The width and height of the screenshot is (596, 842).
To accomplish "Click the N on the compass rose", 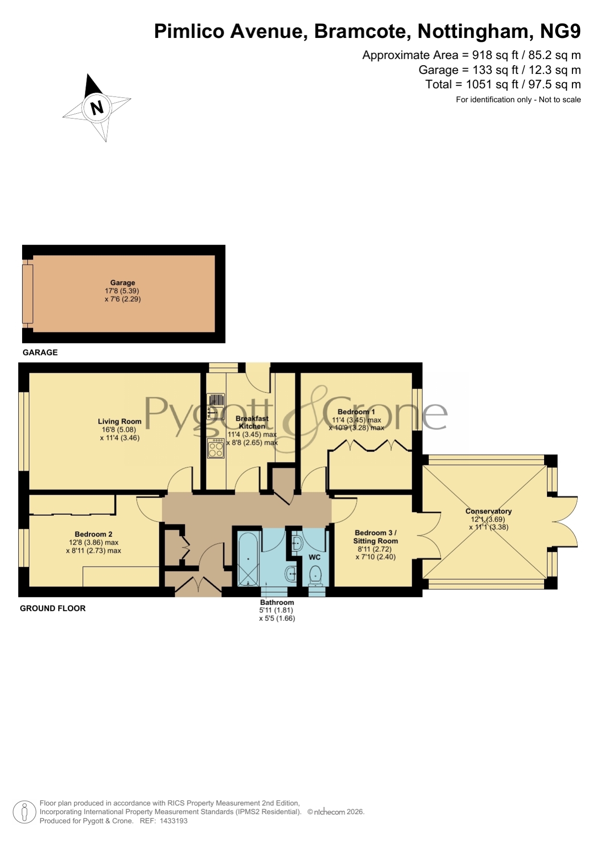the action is (x=97, y=107).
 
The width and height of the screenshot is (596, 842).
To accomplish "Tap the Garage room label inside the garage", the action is (x=122, y=283).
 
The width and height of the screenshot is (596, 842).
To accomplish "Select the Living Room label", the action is (x=120, y=422).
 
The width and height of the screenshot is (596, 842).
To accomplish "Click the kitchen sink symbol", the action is (x=216, y=406).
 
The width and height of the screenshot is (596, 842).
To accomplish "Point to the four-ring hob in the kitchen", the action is (x=216, y=449).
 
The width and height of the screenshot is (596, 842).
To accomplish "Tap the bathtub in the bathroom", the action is (x=248, y=558).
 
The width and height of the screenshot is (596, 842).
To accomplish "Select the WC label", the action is (x=315, y=557).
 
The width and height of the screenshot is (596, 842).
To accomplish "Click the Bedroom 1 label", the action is (x=356, y=412).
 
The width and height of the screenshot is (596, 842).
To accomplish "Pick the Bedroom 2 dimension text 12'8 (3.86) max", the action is (x=94, y=543).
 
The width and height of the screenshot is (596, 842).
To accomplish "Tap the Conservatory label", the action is (x=488, y=511).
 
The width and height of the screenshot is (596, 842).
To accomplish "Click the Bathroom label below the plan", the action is (x=277, y=602).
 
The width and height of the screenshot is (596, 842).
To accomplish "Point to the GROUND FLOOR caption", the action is (x=53, y=608).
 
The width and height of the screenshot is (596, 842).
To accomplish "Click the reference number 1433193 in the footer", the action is (x=173, y=821).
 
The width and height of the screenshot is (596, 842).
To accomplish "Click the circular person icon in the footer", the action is (x=24, y=812).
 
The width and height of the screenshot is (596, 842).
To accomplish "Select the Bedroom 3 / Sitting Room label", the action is (x=376, y=537).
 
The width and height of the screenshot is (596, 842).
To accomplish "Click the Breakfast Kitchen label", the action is (x=252, y=422).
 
